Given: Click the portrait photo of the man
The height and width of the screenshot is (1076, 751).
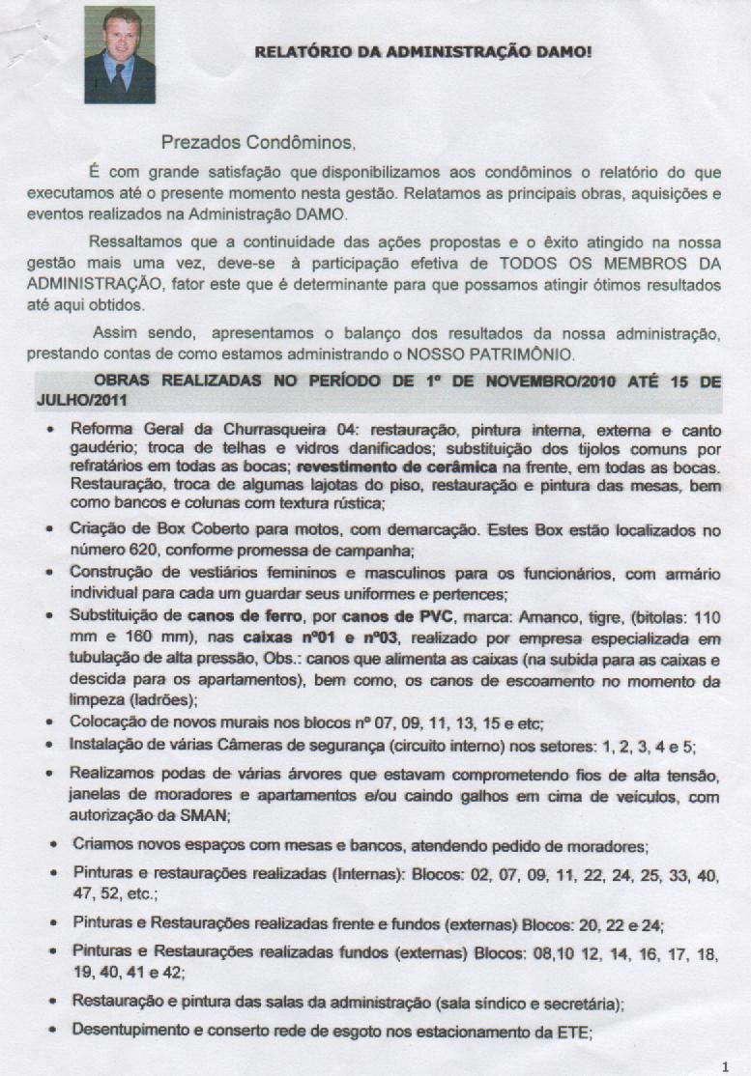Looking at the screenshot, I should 120,55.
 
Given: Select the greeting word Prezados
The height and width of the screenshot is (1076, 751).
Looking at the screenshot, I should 197,144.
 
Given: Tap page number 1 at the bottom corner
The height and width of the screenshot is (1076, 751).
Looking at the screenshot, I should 726,1065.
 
